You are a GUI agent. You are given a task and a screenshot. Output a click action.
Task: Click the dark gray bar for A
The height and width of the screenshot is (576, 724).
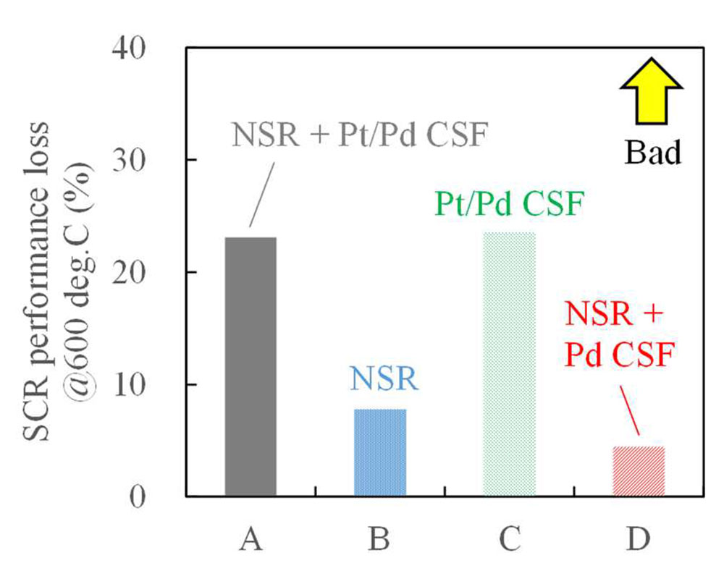point(251,366)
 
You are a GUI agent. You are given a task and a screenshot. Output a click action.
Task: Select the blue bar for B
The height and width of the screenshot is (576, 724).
point(380,452)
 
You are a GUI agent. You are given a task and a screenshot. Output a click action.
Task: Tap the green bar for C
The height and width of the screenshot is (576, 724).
point(509,364)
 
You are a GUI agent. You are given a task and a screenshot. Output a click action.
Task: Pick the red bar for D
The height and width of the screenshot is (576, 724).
point(638,471)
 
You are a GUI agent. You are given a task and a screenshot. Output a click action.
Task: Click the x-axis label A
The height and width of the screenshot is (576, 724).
point(251,539)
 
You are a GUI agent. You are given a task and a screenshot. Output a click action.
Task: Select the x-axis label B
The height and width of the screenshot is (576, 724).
point(379,539)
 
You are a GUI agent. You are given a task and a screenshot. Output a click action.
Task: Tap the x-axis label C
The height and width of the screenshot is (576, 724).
point(509,539)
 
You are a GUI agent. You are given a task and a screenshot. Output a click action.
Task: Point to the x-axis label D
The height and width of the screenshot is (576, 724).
point(638,539)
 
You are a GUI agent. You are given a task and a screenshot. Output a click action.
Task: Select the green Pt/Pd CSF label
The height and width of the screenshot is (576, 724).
point(509,205)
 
